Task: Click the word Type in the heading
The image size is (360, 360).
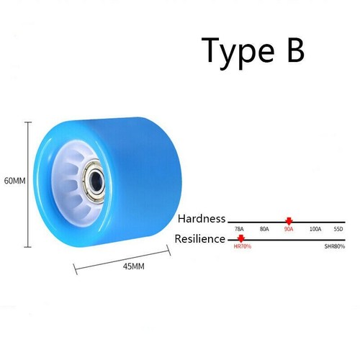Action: (238, 53)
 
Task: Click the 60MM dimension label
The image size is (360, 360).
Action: (15, 181)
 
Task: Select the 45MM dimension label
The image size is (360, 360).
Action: (134, 266)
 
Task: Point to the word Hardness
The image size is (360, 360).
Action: (202, 219)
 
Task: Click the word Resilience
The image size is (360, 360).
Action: (200, 239)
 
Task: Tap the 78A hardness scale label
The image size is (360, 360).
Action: (239, 229)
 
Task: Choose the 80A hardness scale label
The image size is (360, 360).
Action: (264, 229)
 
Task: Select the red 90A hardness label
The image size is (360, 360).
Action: (289, 229)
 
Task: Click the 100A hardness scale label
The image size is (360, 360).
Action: (315, 229)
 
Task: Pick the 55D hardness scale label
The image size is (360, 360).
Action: (338, 229)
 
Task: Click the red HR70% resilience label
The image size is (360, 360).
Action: (243, 246)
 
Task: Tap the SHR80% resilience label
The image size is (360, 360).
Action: (335, 246)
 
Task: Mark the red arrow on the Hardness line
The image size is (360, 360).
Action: (289, 221)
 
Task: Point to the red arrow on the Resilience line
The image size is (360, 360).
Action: (241, 238)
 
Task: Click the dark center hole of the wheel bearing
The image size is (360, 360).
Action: (96, 180)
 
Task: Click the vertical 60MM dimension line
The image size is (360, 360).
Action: (28, 184)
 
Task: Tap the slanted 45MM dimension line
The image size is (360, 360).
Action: (122, 260)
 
